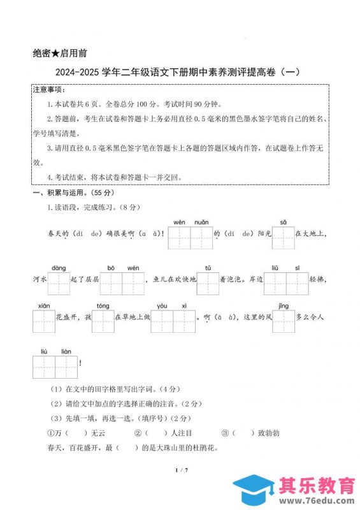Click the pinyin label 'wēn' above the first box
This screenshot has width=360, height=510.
(x=179, y=222)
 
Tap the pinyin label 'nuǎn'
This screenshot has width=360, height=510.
(x=201, y=222)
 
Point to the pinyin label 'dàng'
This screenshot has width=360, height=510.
(x=59, y=268)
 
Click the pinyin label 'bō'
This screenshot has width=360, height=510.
(x=111, y=268)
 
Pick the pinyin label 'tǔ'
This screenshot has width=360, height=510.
(x=208, y=268)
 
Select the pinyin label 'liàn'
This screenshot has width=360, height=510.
(x=66, y=351)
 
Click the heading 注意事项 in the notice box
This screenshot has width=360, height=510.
(x=50, y=91)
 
